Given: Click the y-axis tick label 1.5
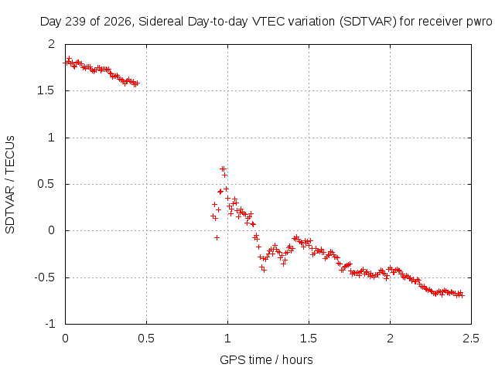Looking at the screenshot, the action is pyautogui.click(x=46, y=91).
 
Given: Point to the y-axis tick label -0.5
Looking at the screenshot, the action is pyautogui.click(x=45, y=278).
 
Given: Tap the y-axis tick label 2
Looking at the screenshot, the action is pyautogui.click(x=52, y=44).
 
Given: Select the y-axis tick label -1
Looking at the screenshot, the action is pyautogui.click(x=50, y=324).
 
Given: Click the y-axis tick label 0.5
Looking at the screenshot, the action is pyautogui.click(x=46, y=184).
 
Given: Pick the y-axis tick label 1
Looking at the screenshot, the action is pyautogui.click(x=52, y=138).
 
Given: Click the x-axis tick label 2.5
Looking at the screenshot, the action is pyautogui.click(x=471, y=339).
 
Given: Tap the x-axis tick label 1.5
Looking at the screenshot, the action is pyautogui.click(x=309, y=339).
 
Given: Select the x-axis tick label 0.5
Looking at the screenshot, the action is pyautogui.click(x=146, y=339).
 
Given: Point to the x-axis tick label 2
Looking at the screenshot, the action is pyautogui.click(x=390, y=339).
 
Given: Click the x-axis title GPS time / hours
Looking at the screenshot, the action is pyautogui.click(x=266, y=360).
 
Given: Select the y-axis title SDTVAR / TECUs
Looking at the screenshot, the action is pyautogui.click(x=10, y=185).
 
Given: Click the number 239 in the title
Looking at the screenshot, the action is pyautogui.click(x=76, y=22).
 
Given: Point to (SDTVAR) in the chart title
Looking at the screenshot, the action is pyautogui.click(x=368, y=22).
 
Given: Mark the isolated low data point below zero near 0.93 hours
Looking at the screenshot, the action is pyautogui.click(x=217, y=237).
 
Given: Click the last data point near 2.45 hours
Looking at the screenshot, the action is pyautogui.click(x=462, y=295).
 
